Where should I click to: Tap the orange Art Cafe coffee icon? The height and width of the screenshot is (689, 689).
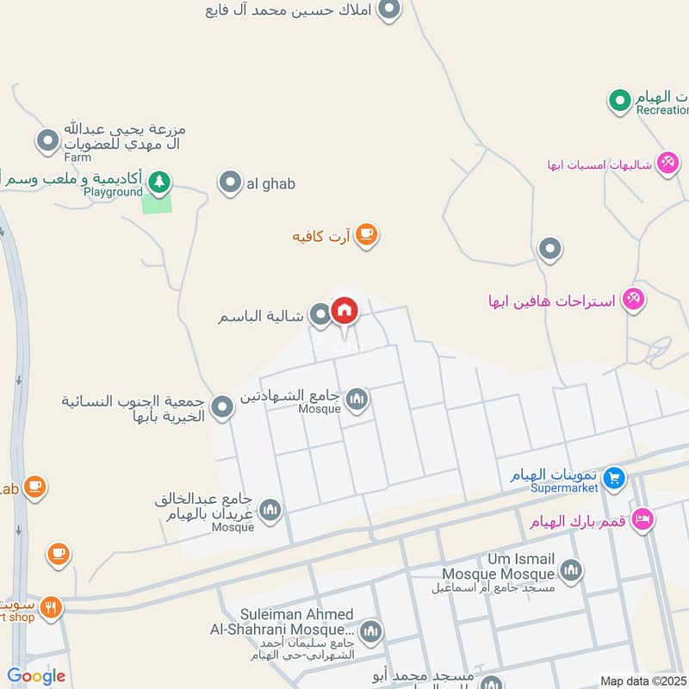click(366, 234)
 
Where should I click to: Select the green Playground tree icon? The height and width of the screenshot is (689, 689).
click(158, 182)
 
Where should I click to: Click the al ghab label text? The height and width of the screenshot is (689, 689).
click(271, 183)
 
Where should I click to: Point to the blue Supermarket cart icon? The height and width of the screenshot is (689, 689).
click(613, 476)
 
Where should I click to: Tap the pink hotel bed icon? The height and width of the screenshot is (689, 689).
click(642, 519)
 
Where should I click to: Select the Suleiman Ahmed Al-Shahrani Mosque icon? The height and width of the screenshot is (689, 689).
click(370, 631)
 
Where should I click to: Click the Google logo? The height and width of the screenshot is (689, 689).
click(36, 676)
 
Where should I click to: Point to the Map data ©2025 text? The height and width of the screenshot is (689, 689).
click(643, 680)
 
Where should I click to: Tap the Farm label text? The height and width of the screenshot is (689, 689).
click(78, 158)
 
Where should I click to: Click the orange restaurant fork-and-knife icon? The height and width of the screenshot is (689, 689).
click(51, 606)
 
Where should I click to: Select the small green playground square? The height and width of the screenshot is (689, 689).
click(157, 203)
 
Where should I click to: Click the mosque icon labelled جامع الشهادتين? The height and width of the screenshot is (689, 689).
click(357, 398)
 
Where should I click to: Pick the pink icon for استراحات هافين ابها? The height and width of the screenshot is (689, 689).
click(634, 299)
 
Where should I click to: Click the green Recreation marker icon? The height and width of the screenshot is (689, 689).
click(618, 102)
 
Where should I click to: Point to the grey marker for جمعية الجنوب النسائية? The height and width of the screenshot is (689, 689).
click(223, 407)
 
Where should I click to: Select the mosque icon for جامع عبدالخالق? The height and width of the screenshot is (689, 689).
click(270, 511)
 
